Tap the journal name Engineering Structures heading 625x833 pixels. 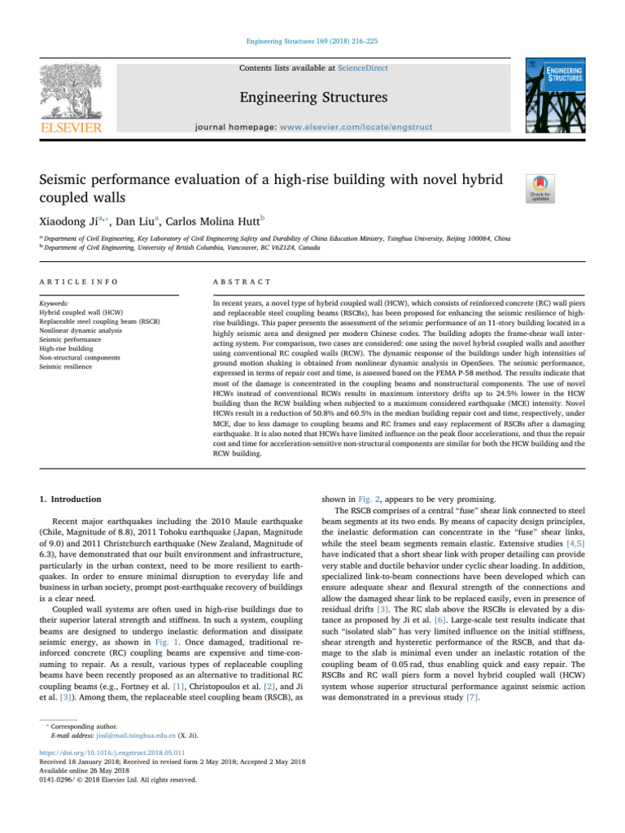point(312,99)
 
